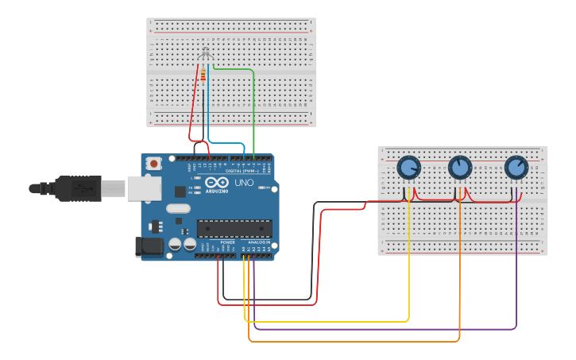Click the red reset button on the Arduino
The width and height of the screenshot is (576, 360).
point(153,163)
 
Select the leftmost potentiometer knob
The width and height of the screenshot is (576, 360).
point(408,168)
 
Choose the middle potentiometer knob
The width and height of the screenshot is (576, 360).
point(460,168)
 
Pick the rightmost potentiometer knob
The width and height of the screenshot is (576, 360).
point(516,168)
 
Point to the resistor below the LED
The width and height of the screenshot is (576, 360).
point(203,75)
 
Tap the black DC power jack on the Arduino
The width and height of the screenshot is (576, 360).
point(149,247)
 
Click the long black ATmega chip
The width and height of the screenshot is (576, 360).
point(234,228)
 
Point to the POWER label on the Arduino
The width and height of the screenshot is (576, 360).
point(227,242)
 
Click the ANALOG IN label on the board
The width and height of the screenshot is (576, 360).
point(259,242)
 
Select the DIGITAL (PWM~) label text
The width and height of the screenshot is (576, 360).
point(242,170)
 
